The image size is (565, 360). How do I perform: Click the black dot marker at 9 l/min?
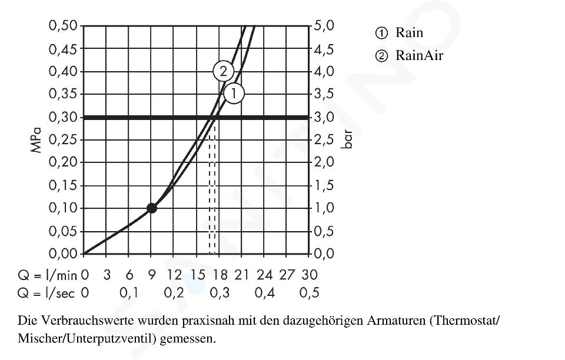(152, 208)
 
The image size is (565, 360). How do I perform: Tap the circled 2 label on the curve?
(223, 72)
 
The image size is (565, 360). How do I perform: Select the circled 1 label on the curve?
(233, 93)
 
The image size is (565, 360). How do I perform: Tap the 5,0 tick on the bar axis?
(324, 26)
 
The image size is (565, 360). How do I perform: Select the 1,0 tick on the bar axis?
(324, 208)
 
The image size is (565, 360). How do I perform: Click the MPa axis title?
(37, 140)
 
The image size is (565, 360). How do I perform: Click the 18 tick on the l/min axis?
(219, 275)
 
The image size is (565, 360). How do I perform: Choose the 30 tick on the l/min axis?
(310, 275)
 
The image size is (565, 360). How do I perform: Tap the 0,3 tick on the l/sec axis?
(219, 293)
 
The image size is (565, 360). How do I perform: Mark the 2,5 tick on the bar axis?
(324, 140)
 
